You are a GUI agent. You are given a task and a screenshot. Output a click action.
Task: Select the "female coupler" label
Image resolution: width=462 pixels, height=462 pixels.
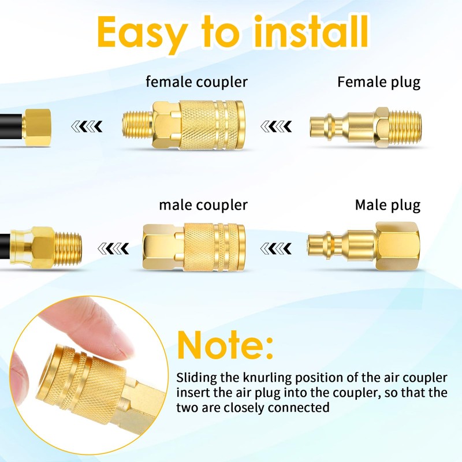[196, 81]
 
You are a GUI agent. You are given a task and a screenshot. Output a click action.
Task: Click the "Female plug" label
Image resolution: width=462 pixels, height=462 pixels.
[379, 81]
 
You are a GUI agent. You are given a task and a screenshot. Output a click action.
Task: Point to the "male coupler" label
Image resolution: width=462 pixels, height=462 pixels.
[203, 204]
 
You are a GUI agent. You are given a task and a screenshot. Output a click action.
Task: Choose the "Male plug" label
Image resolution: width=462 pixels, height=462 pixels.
[388, 204]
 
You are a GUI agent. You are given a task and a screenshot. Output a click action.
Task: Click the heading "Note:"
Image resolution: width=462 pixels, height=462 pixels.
[225, 345]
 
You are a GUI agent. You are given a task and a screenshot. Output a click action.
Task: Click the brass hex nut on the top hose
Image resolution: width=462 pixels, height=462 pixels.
[38, 124]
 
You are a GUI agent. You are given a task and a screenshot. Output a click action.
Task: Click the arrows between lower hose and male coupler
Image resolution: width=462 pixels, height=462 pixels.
[113, 248]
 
